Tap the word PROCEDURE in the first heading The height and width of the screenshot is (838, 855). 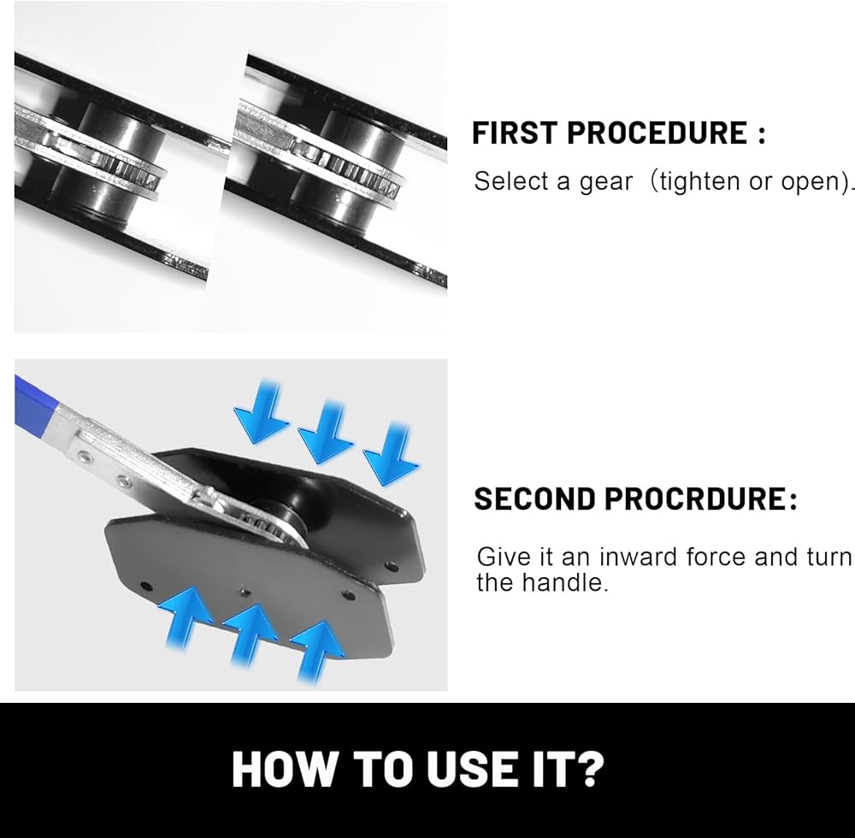657,133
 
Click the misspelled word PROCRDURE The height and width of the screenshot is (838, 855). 694,499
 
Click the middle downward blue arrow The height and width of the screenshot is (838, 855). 326,433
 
